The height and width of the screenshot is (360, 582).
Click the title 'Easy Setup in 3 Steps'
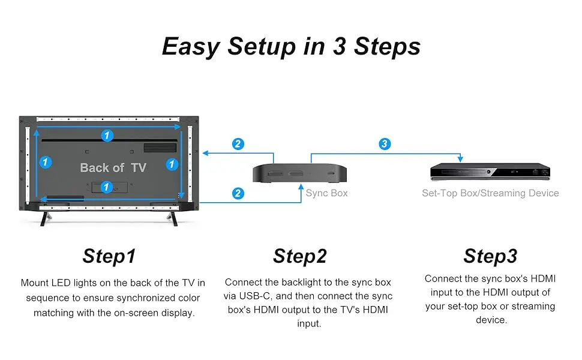pyautogui.click(x=291, y=46)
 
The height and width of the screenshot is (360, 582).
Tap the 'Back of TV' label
pyautogui.click(x=113, y=168)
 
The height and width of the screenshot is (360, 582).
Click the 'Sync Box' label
pyautogui.click(x=326, y=193)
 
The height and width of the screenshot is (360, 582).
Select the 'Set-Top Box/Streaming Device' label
pyautogui.click(x=490, y=193)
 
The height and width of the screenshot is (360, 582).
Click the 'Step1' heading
pyautogui.click(x=109, y=256)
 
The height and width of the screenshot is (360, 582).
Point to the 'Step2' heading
pyautogui.click(x=300, y=256)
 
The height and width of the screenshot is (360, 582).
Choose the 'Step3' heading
pyautogui.click(x=490, y=256)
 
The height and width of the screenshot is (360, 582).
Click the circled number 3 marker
pyautogui.click(x=385, y=144)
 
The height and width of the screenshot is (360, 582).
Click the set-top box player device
pyautogui.click(x=490, y=172)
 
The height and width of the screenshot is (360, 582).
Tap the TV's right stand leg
pyautogui.click(x=173, y=217)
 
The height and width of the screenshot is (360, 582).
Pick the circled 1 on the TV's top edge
pyautogui.click(x=107, y=136)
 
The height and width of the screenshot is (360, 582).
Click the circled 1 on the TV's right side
pyautogui.click(x=172, y=163)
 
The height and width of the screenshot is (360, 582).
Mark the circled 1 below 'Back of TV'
pyautogui.click(x=107, y=187)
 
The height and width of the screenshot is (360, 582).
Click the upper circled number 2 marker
pyautogui.click(x=238, y=144)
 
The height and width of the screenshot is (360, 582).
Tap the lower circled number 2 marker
pyautogui.click(x=238, y=193)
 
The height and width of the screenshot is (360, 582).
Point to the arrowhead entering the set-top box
pyautogui.click(x=460, y=160)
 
